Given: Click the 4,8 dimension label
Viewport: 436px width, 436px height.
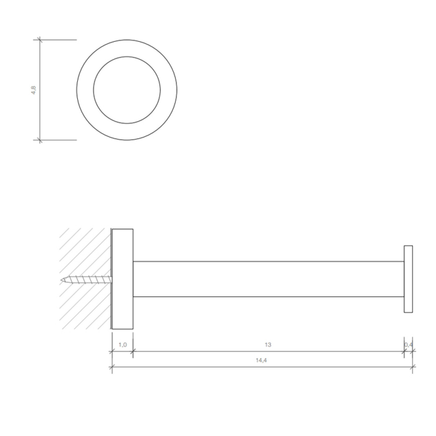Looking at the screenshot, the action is [x=34, y=90].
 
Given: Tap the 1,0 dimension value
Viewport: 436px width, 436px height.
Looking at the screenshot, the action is [x=123, y=345].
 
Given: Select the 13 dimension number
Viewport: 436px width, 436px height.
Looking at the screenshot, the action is [x=268, y=345].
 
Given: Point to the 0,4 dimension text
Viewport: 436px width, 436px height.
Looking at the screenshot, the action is [x=408, y=345].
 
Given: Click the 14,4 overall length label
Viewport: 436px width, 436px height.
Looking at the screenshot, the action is [x=261, y=360].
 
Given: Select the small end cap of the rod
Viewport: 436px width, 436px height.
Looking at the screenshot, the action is [x=408, y=279].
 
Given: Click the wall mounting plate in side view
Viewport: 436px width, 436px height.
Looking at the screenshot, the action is [x=123, y=279].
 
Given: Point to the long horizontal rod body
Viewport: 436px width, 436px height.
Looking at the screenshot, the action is [x=268, y=279].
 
